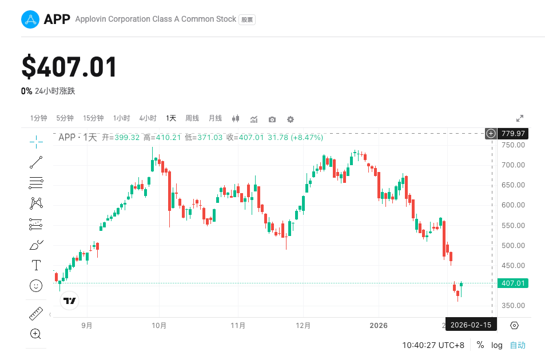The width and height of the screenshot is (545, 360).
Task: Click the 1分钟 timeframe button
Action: pos(39,118)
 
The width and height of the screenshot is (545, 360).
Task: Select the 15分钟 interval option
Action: pos(93,118)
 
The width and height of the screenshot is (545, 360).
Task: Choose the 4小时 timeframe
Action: pos(148,118)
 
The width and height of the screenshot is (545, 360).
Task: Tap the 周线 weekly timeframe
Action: pos(192,118)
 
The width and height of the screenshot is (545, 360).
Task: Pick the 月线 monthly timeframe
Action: pos(215,118)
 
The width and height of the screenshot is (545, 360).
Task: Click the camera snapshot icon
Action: pos(272,119)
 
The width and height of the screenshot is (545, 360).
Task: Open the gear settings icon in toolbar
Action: pos(291,119)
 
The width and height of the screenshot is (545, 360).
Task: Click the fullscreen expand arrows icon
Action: pos(520,118)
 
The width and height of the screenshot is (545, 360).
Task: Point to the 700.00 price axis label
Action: pos(513,165)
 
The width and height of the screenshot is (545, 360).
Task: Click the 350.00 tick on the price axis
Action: pos(513,306)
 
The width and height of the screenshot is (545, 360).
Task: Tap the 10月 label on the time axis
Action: pos(159,326)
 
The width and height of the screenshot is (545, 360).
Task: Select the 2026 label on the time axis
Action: pos(379,326)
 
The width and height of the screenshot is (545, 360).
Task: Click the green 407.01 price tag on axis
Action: pos(513,283)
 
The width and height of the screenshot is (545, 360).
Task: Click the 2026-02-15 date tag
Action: pos(471,325)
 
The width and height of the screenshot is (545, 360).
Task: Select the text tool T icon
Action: pos(36,265)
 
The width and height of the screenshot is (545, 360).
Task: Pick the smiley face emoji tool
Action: pos(36,286)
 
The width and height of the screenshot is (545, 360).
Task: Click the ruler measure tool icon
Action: pos(36,314)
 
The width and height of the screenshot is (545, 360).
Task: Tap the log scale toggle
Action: pos(497,345)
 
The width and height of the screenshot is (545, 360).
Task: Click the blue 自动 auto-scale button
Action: pos(518,345)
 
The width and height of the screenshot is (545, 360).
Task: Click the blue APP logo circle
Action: pos(30,19)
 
